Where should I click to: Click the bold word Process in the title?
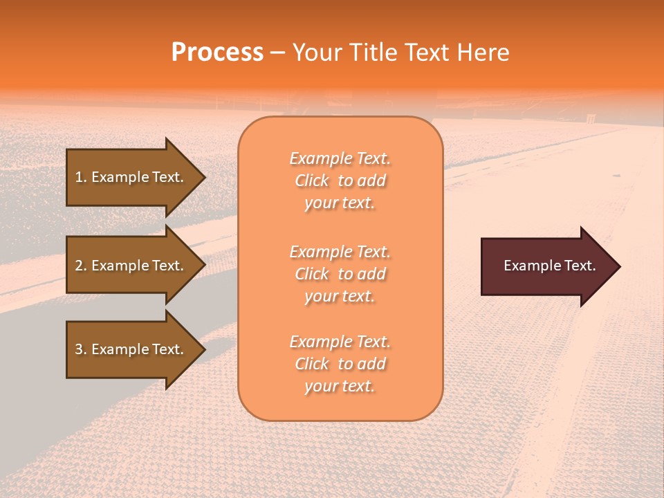[x=217, y=53]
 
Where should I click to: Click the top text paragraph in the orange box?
[x=340, y=181]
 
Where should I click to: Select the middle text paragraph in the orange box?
[x=340, y=274]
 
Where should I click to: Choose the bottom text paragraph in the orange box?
[x=340, y=364]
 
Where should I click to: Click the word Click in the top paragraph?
[x=312, y=181]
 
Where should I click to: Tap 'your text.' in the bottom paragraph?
[x=340, y=387]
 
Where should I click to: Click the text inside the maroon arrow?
[x=550, y=266]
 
